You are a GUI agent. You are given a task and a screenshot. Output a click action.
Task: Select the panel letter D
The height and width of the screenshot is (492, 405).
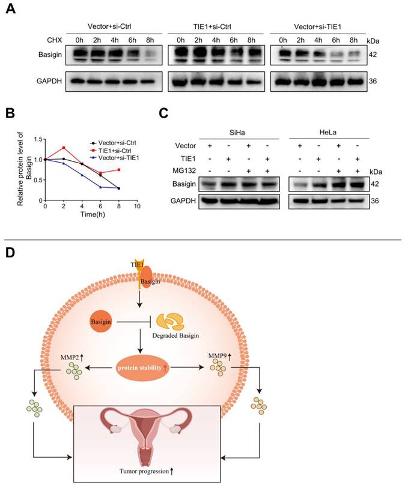click(x=10, y=251)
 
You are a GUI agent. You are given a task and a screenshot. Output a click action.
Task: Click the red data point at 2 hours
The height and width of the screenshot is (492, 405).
click(x=63, y=148)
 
